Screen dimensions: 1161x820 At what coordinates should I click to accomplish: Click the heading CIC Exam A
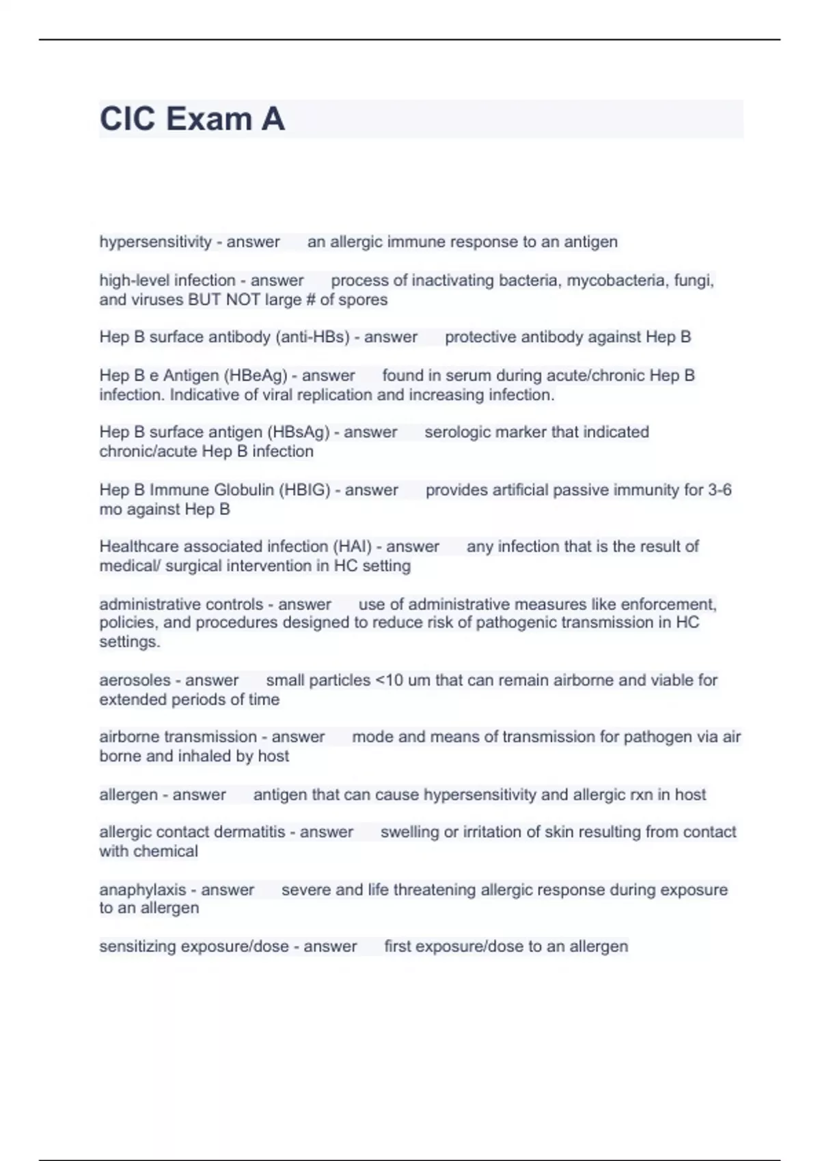192,119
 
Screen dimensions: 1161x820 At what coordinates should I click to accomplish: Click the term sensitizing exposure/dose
193,947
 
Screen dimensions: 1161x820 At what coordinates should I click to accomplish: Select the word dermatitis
249,832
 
